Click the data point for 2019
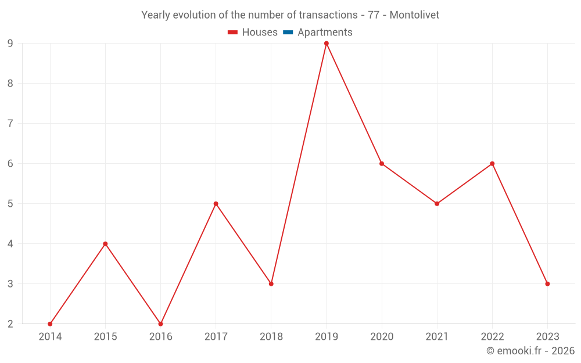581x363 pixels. pos(327,44)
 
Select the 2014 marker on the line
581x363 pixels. pos(50,324)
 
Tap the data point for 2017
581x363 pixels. pos(216,204)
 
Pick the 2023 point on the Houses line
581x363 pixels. pos(547,284)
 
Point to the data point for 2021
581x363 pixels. pos(437,204)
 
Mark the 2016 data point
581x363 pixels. pos(160,324)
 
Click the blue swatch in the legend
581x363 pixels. pos(288,33)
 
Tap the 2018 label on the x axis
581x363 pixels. pos(271,337)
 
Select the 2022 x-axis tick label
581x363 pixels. pos(492,337)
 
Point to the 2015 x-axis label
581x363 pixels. pos(105,337)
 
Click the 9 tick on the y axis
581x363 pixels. pos(10,44)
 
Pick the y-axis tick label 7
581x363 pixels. pos(10,124)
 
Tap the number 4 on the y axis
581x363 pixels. pos(10,244)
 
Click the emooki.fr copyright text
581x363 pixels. pos(530,351)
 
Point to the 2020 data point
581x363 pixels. pos(382,164)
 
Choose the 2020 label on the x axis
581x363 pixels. pos(382,337)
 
